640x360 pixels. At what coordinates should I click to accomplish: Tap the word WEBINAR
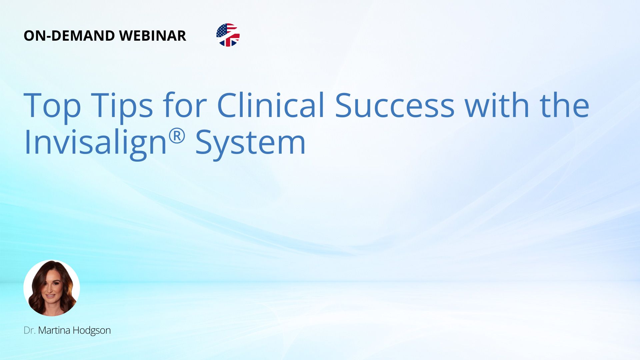(x=153, y=36)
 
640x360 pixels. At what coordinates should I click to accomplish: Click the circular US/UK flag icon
(x=228, y=35)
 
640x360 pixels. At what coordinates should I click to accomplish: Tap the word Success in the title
(x=395, y=105)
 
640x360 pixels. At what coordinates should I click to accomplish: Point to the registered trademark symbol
(x=177, y=136)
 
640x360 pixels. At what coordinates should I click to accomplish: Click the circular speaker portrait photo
(x=52, y=288)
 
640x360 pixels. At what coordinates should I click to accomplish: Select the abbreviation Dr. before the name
(x=30, y=330)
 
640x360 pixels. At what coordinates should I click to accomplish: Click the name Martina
(x=54, y=330)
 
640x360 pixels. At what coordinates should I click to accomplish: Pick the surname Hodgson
(x=92, y=331)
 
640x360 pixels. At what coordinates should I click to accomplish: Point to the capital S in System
(x=204, y=142)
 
